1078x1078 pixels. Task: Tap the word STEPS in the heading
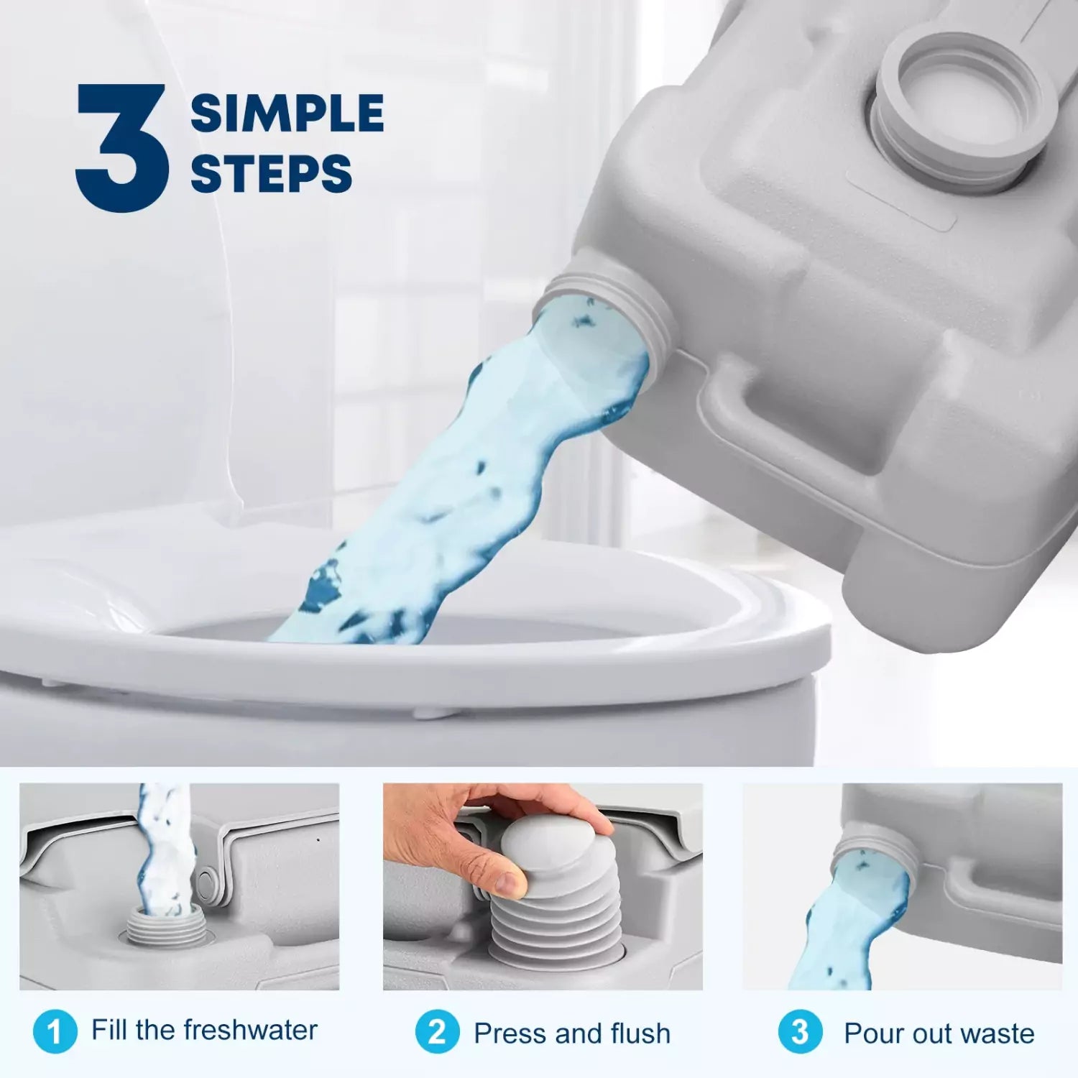tap(271, 174)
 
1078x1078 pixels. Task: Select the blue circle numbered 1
tap(55, 1032)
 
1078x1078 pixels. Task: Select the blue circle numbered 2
tap(437, 1032)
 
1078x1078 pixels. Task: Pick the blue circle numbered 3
tap(800, 1032)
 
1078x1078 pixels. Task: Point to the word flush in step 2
tap(640, 1033)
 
